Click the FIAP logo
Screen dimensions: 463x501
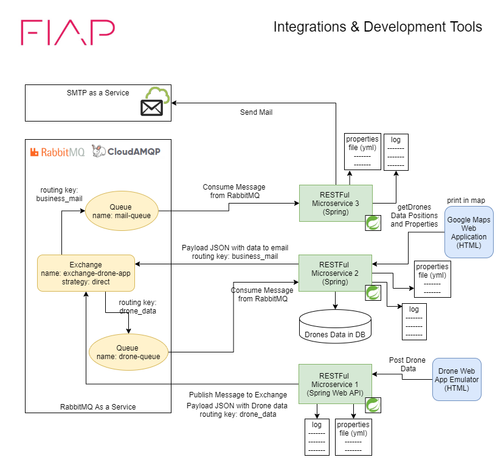coord(68,32)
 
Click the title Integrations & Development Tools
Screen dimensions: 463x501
coord(377,27)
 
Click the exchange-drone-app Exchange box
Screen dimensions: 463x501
coord(86,273)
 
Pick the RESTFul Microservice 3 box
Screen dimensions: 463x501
coord(334,202)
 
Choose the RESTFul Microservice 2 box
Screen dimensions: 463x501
coord(334,273)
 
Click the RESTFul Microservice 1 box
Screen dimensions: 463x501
coord(334,383)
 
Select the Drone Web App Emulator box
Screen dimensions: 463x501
coord(456,380)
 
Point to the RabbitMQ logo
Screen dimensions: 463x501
coord(57,151)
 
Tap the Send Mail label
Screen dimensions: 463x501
coord(256,112)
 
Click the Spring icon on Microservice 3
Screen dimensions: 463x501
coord(372,223)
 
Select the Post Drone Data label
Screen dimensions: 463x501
coord(407,365)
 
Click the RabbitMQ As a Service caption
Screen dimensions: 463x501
coord(98,406)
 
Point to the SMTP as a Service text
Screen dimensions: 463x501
coord(97,93)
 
